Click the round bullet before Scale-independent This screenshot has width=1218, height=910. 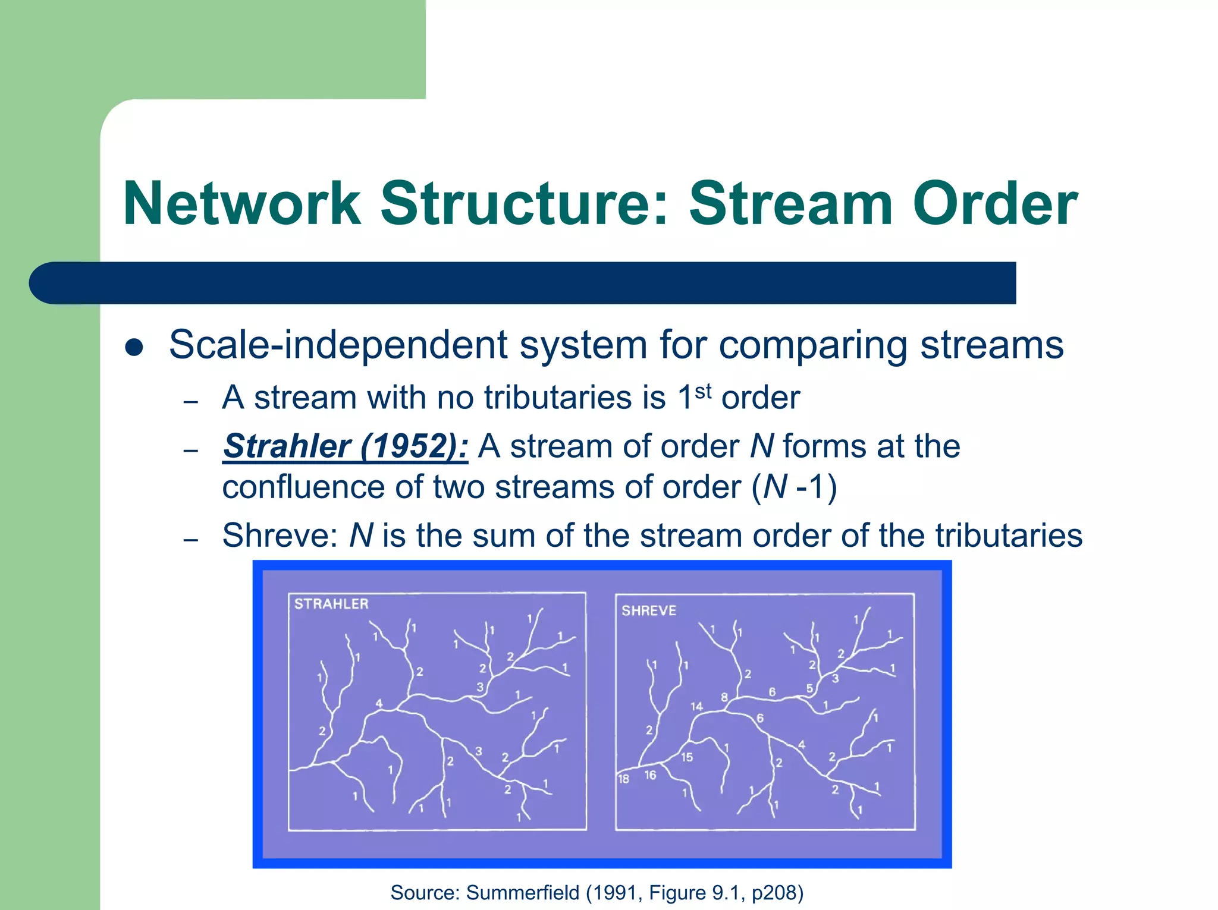tap(134, 348)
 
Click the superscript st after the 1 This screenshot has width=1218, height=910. tap(703, 391)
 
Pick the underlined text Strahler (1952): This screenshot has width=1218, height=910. tap(346, 446)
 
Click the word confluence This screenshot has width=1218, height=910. tap(303, 487)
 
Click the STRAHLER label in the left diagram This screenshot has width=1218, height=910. tap(331, 604)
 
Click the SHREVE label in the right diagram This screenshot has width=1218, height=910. tap(649, 610)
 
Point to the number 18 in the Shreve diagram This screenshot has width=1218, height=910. tap(623, 779)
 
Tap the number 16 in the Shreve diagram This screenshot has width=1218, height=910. tap(650, 775)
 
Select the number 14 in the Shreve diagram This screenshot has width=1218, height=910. tap(696, 706)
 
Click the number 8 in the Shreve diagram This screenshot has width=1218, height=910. tap(724, 697)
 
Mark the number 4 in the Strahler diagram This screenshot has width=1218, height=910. tap(379, 704)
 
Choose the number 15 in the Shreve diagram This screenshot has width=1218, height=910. tap(687, 757)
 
